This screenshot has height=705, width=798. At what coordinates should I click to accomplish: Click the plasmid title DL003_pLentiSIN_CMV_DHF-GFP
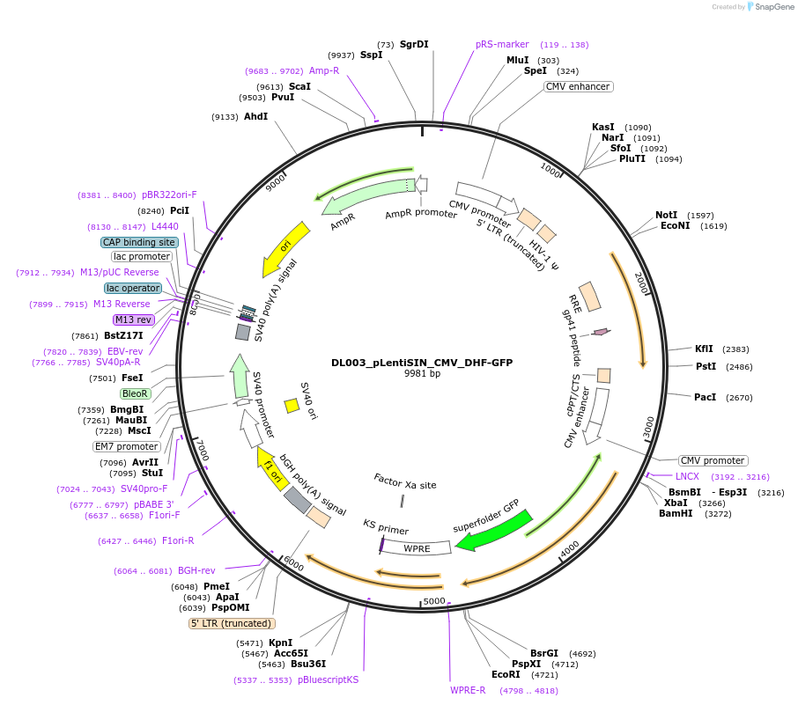tap(422, 363)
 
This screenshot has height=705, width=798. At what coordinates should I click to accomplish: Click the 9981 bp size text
tap(422, 373)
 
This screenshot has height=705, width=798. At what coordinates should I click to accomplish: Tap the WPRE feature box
tap(416, 547)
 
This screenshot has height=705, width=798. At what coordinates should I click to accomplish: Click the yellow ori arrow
tap(285, 249)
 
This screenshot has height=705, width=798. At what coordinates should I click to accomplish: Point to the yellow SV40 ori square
tap(292, 406)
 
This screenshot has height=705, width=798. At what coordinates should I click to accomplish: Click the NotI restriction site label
tap(666, 215)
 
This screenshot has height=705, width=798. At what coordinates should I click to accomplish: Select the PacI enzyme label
tap(705, 397)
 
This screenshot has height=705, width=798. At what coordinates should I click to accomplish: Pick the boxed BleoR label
tap(135, 393)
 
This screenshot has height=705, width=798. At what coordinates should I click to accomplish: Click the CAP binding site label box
tap(139, 242)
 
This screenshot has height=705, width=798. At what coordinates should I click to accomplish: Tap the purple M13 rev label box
tap(133, 319)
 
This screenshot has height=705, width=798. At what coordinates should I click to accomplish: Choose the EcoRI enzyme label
tap(506, 674)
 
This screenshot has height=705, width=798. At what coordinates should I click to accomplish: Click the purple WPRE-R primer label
tap(468, 690)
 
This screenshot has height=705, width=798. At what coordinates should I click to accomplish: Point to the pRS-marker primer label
tap(502, 44)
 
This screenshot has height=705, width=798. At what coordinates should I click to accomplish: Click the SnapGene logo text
tap(773, 7)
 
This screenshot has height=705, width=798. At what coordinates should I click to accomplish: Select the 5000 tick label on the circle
tap(434, 601)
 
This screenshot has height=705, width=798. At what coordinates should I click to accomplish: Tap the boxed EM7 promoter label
tap(127, 446)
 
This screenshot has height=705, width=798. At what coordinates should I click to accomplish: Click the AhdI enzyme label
tap(255, 116)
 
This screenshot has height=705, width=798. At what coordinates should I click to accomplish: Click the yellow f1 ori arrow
tap(272, 469)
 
